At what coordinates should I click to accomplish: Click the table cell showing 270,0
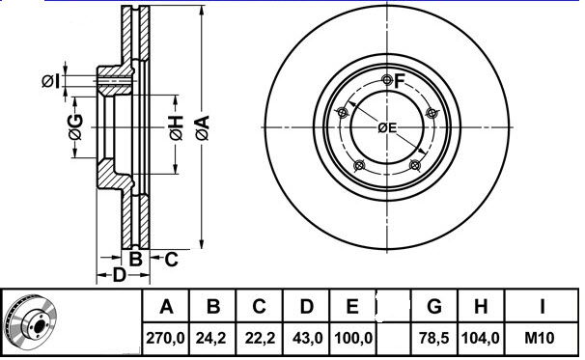tap(165, 339)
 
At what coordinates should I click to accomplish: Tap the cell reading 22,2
tap(260, 339)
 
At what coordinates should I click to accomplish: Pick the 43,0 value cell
tap(307, 339)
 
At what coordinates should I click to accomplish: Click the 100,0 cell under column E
tap(353, 339)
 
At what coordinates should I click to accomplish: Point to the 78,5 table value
tap(433, 339)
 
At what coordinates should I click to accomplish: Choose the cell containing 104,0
tap(480, 339)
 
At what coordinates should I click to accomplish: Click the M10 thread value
tap(540, 339)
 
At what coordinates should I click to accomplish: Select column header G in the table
tap(434, 307)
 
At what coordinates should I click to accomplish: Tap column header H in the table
tap(481, 307)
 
